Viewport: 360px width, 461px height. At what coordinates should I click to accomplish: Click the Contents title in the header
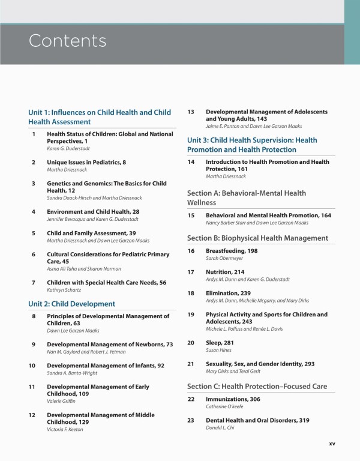click(x=67, y=41)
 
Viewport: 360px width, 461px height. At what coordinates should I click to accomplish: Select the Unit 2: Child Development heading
click(x=71, y=304)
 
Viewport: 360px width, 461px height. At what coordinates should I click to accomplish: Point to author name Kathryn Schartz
click(x=65, y=290)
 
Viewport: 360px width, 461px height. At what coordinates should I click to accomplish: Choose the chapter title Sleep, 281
click(x=220, y=343)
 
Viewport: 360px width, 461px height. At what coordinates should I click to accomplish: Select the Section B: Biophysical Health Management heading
click(x=257, y=238)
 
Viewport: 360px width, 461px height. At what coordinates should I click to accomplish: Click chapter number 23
click(x=191, y=420)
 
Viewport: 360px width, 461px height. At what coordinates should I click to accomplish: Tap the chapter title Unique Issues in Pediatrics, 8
click(x=86, y=162)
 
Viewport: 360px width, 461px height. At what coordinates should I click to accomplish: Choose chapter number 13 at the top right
click(x=191, y=112)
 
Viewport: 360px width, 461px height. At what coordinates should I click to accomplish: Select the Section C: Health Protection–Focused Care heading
click(x=257, y=386)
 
